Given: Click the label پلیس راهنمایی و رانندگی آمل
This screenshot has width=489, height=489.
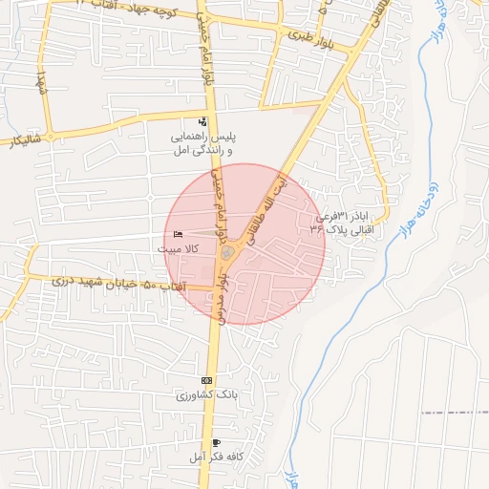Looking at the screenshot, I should point(202,144).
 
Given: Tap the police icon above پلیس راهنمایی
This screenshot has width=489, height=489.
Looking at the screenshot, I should point(202,122).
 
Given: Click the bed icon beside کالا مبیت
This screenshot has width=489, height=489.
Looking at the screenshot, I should point(179,234).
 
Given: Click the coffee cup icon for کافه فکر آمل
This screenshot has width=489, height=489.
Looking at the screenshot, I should point(217,443).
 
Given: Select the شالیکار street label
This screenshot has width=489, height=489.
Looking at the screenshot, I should point(26,142).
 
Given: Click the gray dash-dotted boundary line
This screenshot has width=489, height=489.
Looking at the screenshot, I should point(454,412).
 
